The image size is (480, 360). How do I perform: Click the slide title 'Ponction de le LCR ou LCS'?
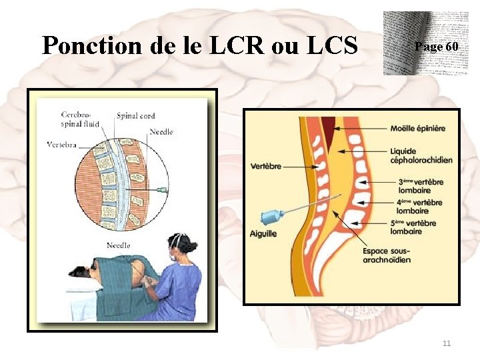tap(200, 45)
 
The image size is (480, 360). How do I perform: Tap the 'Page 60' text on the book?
tap(436, 47)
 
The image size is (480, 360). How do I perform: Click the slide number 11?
tap(447, 343)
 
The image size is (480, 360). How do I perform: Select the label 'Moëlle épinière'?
tap(418, 128)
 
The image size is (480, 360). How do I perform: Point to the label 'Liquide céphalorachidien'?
tap(421, 155)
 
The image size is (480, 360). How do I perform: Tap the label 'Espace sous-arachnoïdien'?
tap(387, 255)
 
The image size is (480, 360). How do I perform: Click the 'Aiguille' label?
tap(264, 233)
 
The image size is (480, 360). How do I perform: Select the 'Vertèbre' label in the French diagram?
tap(266, 166)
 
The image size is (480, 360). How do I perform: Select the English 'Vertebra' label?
tap(62, 144)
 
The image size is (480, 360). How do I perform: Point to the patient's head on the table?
tap(81, 272)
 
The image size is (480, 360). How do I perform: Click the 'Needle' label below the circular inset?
tap(118, 246)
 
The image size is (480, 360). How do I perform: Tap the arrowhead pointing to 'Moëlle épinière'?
tap(338, 128)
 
